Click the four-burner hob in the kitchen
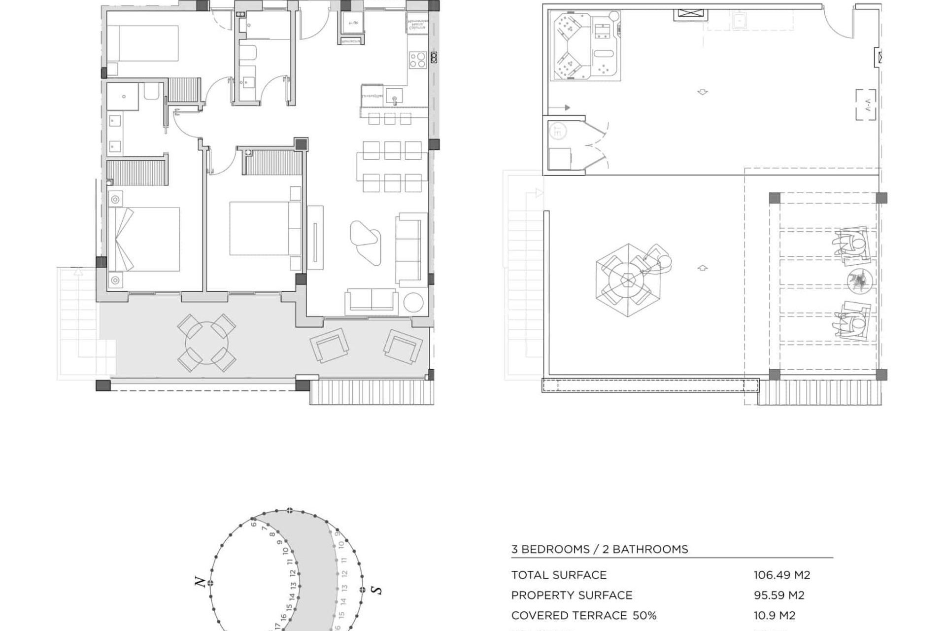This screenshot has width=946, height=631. point(417,60)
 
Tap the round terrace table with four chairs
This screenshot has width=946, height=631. point(206,343)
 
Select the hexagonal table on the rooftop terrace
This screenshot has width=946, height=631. point(628,280)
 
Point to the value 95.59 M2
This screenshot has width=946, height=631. point(778,595)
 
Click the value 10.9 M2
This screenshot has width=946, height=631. point(774,615)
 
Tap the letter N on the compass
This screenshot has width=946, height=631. point(200,582)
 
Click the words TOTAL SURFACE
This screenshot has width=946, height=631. point(559,575)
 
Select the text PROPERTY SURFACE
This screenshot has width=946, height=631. point(572,595)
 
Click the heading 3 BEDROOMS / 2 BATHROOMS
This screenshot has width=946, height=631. point(599,549)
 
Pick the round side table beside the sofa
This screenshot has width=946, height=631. point(413,303)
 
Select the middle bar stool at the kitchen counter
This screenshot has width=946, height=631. point(389,119)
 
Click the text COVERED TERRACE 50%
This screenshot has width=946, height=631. point(583,615)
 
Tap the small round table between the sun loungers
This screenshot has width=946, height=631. point(860,281)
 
